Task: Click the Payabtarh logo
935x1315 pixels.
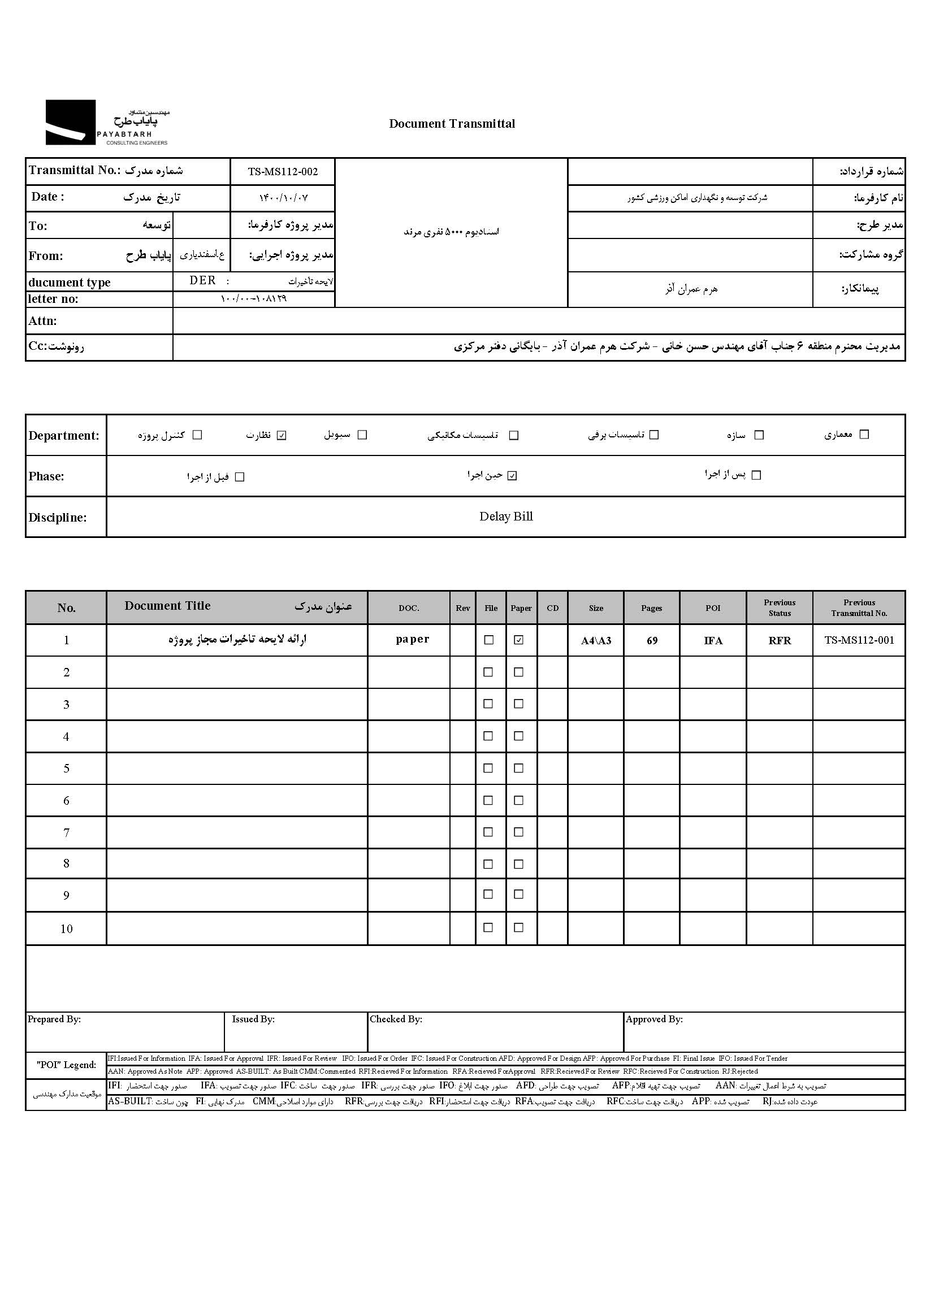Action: pyautogui.click(x=107, y=123)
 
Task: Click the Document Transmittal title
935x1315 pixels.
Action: pyautogui.click(x=452, y=124)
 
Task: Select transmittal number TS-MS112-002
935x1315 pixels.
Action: pyautogui.click(x=283, y=171)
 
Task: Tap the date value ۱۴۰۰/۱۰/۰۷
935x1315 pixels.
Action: pyautogui.click(x=283, y=198)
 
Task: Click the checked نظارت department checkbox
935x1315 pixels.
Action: pyautogui.click(x=282, y=435)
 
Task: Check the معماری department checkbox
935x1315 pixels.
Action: pyautogui.click(x=864, y=435)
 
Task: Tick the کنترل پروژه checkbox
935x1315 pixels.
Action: pyautogui.click(x=197, y=435)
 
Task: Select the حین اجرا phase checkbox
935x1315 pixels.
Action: pyautogui.click(x=512, y=476)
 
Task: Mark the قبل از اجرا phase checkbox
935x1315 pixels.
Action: pyautogui.click(x=240, y=477)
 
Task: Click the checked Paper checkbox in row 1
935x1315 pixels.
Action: pyautogui.click(x=519, y=640)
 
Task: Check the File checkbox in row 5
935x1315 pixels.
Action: pyautogui.click(x=488, y=769)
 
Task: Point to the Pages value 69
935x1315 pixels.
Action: pyautogui.click(x=652, y=641)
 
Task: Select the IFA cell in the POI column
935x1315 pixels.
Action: pyautogui.click(x=713, y=641)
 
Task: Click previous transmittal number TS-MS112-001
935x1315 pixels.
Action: pyautogui.click(x=859, y=640)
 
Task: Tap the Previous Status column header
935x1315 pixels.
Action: pyautogui.click(x=780, y=607)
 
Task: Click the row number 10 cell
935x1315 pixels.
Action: pyautogui.click(x=66, y=929)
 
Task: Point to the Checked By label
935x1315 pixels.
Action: pyautogui.click(x=396, y=1019)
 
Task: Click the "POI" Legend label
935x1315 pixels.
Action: pyautogui.click(x=66, y=1065)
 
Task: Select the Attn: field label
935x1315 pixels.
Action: pyautogui.click(x=43, y=321)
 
